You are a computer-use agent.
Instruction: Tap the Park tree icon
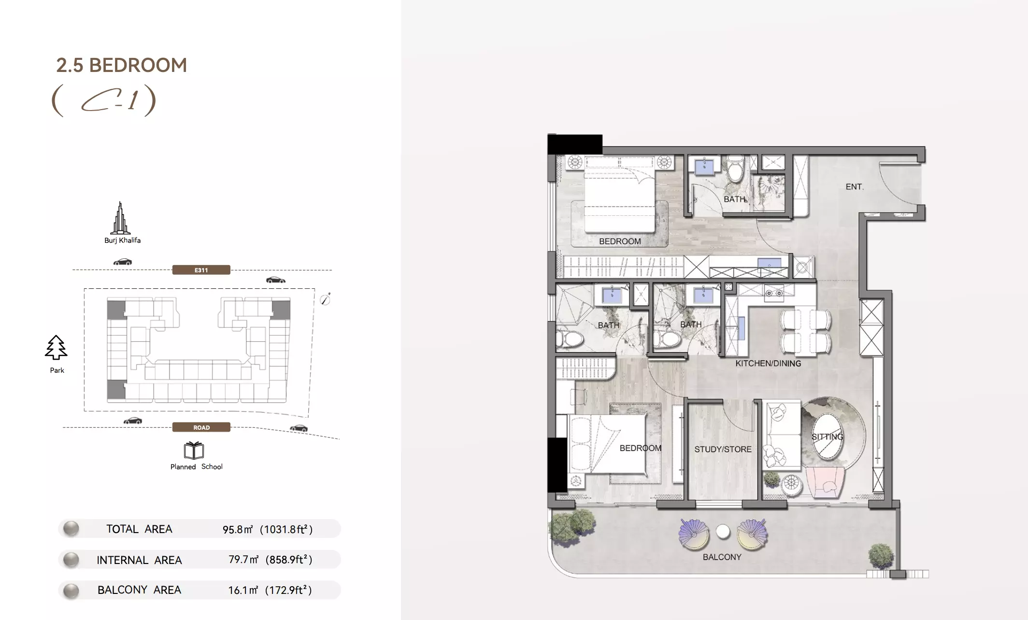coord(56,348)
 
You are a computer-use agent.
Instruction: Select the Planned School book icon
coord(194,451)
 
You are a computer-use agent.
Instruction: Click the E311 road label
coord(201,270)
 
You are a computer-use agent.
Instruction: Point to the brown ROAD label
coord(201,427)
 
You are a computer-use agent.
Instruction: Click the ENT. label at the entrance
coord(855,186)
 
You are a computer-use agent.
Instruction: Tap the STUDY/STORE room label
coord(723,449)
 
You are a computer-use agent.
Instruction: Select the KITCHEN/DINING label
coord(768,363)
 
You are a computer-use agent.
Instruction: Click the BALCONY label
coord(722,557)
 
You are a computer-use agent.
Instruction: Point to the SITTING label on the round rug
coord(827,437)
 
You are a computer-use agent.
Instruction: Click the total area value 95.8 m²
coord(237,529)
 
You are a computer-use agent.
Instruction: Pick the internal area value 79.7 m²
coord(243,559)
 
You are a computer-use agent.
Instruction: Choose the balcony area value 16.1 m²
coord(243,590)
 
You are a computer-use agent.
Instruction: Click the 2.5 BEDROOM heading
coord(122,65)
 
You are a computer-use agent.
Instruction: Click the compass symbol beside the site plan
coord(326,299)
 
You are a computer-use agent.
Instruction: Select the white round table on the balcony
coord(723,532)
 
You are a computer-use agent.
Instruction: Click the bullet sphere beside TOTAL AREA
coord(71,529)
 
